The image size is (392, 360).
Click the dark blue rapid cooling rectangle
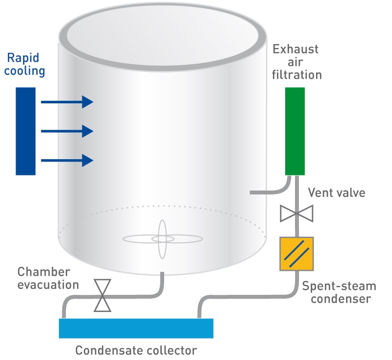(25, 131)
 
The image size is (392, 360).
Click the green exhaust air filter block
(295, 131)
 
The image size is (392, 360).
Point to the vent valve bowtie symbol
(296, 214)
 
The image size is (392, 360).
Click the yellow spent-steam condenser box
(296, 254)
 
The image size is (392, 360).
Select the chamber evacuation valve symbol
(103, 295)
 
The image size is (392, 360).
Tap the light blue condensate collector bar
(136, 328)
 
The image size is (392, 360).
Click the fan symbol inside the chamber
(163, 239)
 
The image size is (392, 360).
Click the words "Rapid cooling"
(25, 64)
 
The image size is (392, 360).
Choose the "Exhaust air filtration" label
(297, 62)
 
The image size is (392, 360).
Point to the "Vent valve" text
(336, 192)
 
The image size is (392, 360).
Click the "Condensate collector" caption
(136, 350)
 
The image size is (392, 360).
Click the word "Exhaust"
(295, 49)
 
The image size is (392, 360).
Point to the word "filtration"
(297, 75)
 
